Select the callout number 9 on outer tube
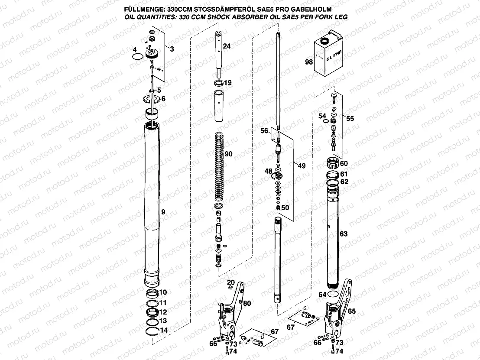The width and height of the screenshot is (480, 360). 163,212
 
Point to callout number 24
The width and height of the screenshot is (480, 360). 227,46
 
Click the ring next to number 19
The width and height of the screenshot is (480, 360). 219,82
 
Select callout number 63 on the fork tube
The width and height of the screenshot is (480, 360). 344,234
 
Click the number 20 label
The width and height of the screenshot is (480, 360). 231,282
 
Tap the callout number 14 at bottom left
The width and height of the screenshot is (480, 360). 163,331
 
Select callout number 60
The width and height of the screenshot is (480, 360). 344,163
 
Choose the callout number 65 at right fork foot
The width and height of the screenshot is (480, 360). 351,311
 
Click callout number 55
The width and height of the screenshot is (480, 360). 350,118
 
